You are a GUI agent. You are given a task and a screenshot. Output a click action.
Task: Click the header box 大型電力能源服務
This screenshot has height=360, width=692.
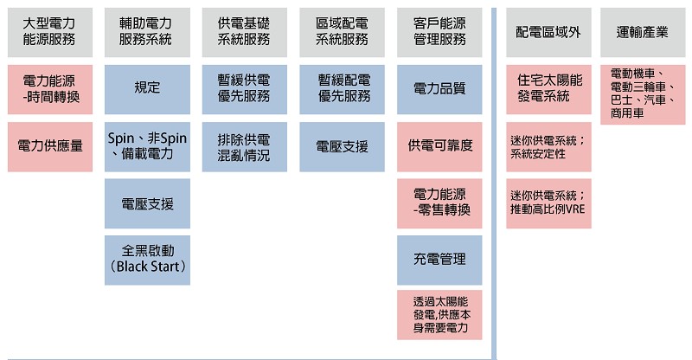click(x=50, y=32)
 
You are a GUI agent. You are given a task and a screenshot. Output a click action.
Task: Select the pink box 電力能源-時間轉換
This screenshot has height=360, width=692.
click(x=50, y=90)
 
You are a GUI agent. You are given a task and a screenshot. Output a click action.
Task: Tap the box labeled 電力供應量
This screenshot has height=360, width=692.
click(x=50, y=146)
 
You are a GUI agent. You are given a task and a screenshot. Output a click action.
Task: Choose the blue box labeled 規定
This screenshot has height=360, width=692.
click(x=147, y=90)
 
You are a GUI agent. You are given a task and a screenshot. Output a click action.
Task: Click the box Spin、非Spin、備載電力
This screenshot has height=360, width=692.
click(x=147, y=146)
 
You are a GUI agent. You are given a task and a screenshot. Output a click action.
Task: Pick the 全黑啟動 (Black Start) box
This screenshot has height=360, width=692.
click(x=147, y=260)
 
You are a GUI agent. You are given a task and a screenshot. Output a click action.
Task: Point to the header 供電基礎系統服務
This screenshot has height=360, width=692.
click(x=245, y=32)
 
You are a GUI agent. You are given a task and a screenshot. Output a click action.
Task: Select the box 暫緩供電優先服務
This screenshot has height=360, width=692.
click(x=245, y=90)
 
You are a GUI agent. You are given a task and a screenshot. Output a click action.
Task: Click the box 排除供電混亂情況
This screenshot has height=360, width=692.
click(x=245, y=146)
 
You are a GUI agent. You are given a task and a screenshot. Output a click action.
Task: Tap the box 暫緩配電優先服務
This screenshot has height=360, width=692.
click(x=342, y=90)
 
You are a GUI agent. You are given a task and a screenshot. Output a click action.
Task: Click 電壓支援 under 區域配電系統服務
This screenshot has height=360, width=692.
click(x=342, y=146)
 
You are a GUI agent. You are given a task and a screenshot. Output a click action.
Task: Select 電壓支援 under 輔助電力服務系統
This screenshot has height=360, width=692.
click(x=147, y=203)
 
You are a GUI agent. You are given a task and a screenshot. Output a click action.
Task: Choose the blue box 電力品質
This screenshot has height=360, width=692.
click(x=439, y=90)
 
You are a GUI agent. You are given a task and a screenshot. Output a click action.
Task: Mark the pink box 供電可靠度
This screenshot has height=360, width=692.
click(x=439, y=146)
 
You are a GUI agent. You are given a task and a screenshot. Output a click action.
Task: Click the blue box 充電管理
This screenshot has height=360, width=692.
click(x=439, y=260)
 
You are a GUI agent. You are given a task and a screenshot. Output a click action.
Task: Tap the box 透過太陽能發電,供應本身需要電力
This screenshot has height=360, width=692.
click(x=439, y=315)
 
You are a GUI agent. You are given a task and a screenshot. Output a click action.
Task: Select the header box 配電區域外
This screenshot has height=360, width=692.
click(x=548, y=32)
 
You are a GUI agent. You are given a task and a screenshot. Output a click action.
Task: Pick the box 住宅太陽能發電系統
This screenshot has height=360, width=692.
click(x=548, y=90)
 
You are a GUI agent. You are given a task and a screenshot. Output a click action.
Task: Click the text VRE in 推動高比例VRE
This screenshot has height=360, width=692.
click(x=575, y=209)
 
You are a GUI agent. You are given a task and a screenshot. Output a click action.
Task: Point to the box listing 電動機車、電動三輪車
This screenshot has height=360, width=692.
click(x=643, y=94)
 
